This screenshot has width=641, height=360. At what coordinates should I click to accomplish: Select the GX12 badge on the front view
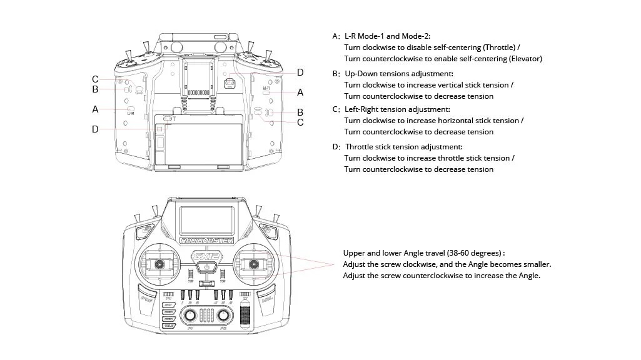tap(206, 256)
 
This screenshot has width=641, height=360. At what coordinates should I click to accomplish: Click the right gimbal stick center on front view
tap(254, 265)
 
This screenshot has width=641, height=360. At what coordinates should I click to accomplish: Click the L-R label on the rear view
tap(131, 113)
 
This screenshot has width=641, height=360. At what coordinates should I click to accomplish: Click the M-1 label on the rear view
tap(266, 89)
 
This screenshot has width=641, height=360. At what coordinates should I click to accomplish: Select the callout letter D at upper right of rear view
tap(300, 72)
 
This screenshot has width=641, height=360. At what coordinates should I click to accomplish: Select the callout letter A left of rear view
tap(95, 109)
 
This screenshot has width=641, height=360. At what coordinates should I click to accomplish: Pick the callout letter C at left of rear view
tap(95, 79)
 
